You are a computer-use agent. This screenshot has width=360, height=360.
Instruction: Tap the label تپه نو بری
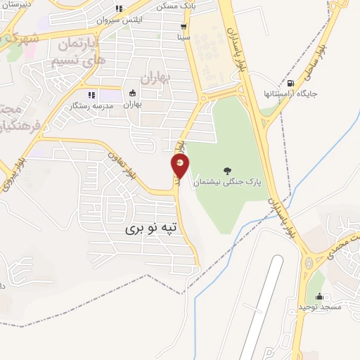pyautogui.click(x=154, y=228)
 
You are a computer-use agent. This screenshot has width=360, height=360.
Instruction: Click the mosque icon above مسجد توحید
pyautogui.click(x=320, y=297)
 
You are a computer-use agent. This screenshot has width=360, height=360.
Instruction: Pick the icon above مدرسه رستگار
pyautogui.click(x=91, y=95)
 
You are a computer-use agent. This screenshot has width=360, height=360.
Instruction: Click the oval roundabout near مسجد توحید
pyautogui.click(x=309, y=264)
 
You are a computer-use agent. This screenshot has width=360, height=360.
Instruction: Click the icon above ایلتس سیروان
pyautogui.click(x=119, y=9)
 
